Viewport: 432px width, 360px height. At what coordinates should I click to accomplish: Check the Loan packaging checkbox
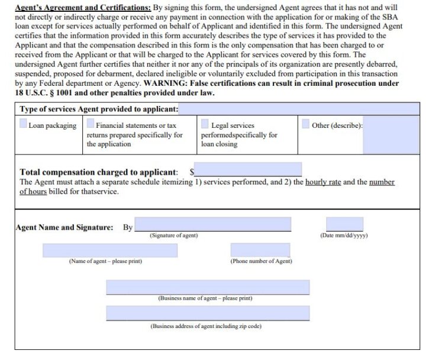click(23, 124)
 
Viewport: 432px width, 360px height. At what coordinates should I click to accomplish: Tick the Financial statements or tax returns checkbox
click(91, 124)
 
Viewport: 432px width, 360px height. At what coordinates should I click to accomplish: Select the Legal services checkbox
click(205, 124)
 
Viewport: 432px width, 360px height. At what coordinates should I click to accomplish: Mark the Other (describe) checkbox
click(305, 124)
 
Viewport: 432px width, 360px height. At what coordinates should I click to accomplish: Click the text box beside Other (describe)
click(391, 134)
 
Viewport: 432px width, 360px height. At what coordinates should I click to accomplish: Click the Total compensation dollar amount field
click(249, 170)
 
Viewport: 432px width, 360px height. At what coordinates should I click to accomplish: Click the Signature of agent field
click(213, 224)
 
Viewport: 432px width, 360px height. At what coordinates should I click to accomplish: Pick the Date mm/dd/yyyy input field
click(344, 224)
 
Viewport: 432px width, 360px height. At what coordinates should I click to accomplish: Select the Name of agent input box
click(109, 250)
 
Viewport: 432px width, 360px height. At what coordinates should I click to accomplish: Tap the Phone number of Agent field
click(260, 250)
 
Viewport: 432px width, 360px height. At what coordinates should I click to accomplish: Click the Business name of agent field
click(208, 287)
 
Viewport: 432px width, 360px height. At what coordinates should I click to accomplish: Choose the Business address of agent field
click(208, 313)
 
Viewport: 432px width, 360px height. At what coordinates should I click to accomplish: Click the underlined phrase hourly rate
click(323, 182)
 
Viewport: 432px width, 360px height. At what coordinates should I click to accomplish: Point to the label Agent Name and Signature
click(64, 227)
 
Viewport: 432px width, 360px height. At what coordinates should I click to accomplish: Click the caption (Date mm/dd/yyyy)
click(344, 236)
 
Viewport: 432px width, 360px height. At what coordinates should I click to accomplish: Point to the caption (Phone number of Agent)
click(261, 261)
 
